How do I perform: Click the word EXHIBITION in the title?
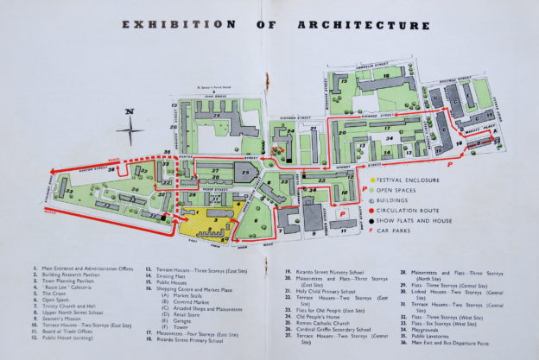177,25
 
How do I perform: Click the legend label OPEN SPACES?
404,190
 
